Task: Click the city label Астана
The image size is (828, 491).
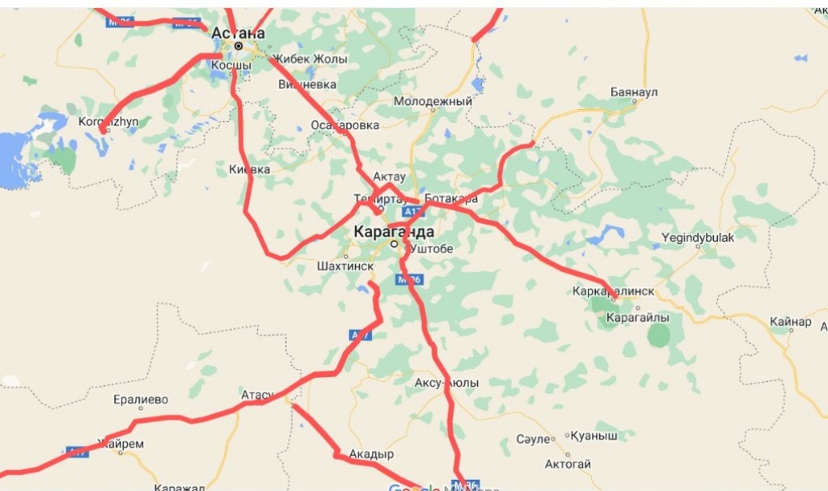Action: [238, 33]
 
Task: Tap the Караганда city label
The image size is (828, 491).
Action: [393, 231]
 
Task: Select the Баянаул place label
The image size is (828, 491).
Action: [635, 92]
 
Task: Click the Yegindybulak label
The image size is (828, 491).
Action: [698, 238]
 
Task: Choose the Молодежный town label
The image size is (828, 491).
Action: [433, 101]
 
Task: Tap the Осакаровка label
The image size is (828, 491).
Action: [344, 125]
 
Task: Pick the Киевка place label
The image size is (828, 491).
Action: [250, 170]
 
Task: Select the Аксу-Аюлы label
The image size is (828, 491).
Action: [446, 383]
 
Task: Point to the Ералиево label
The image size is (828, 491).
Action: [141, 400]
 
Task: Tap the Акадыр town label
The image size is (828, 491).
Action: [371, 455]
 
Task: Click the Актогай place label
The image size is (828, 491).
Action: [568, 464]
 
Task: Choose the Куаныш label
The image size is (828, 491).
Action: [594, 436]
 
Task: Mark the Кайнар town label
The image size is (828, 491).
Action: [790, 322]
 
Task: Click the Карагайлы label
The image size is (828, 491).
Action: [638, 319]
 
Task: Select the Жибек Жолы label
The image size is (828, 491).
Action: [310, 59]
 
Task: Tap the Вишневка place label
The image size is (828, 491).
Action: [307, 84]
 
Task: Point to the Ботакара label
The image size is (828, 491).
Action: [450, 199]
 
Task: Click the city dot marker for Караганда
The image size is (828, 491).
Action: [394, 243]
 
